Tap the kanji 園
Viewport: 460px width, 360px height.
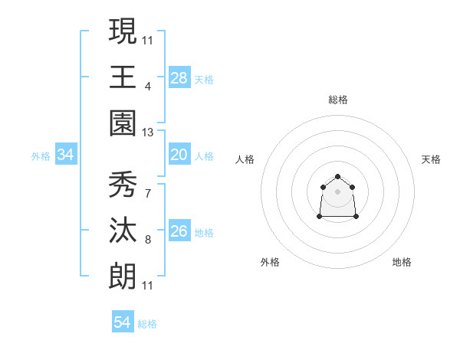coord(123,123)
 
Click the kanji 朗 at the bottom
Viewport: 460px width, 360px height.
coord(123,276)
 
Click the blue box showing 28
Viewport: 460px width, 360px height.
coord(179,78)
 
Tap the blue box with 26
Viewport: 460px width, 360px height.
coord(179,231)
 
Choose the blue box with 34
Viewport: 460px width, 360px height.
coord(66,155)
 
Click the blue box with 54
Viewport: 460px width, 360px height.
coord(123,322)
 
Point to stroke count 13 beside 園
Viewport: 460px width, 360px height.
coord(148,133)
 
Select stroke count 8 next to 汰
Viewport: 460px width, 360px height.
coord(148,239)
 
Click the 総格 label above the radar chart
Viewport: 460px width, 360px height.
coord(338,100)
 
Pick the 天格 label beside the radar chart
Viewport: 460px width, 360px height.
coord(432,159)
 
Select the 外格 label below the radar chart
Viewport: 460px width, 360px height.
coord(270,262)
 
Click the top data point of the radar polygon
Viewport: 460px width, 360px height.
coord(338,177)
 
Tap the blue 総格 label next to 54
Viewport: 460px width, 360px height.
coord(147,324)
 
